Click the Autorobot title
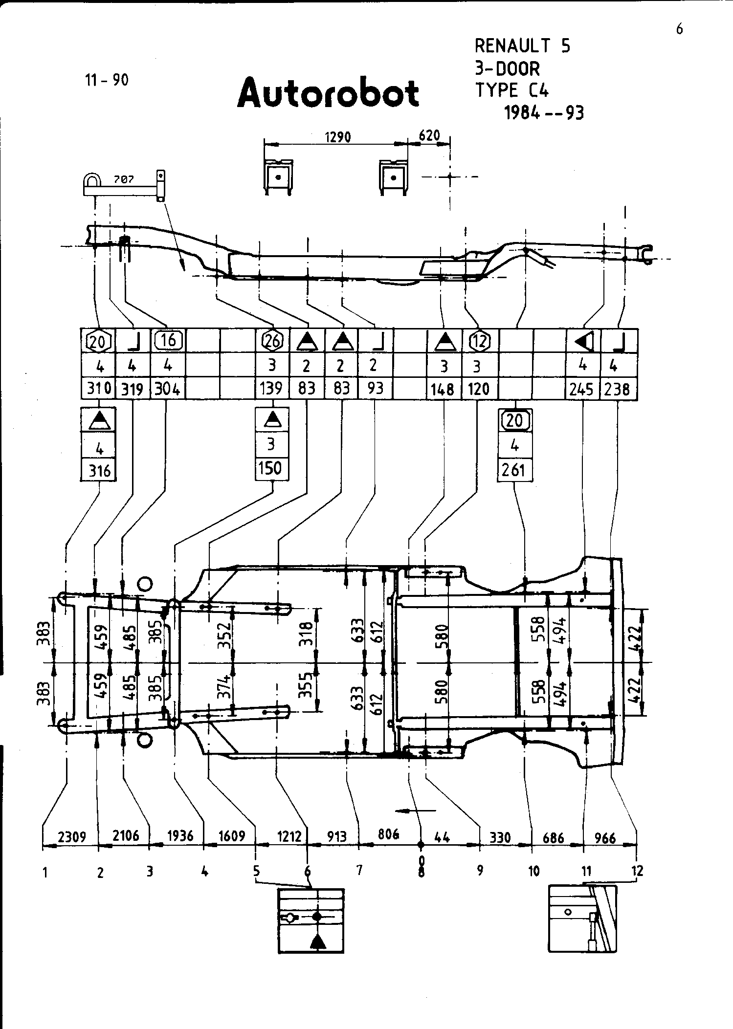tap(328, 92)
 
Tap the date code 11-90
tap(107, 80)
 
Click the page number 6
tap(679, 30)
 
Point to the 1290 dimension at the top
tap(338, 137)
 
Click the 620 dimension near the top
tap(429, 135)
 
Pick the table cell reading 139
tap(271, 388)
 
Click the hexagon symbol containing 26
tap(272, 341)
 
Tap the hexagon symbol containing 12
tap(479, 341)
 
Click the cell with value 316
tap(99, 471)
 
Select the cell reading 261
tap(514, 470)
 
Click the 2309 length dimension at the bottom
tap(72, 837)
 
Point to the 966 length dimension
tap(605, 838)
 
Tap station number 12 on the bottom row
tap(637, 871)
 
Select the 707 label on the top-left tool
tap(124, 180)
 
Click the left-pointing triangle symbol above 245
tap(583, 341)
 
